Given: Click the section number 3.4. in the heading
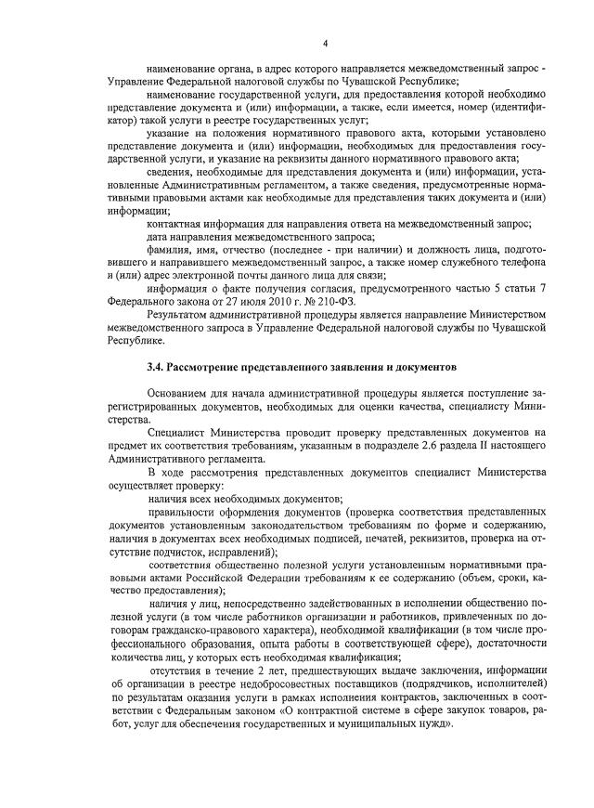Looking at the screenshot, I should pos(157,369).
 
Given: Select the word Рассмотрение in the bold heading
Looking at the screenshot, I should pos(214,369).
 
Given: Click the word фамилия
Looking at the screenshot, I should pos(171,249).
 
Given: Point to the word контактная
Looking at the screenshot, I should pos(179,223).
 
